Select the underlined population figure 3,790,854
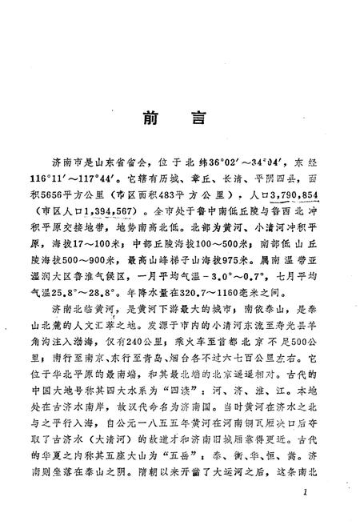[292, 196]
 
